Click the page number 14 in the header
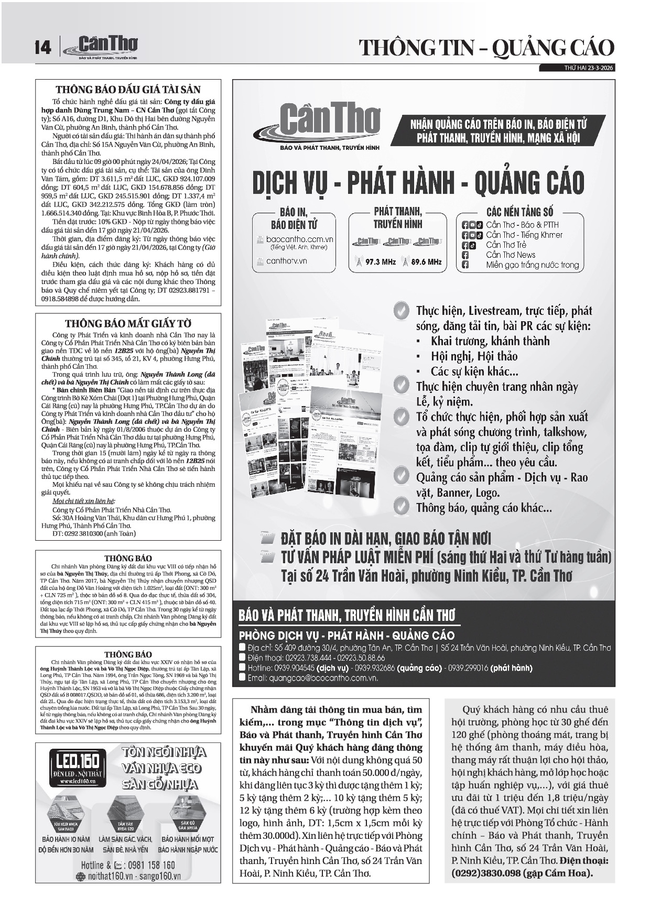point(44,48)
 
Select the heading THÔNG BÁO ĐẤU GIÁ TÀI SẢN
point(128,90)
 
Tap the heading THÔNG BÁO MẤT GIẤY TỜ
point(128,323)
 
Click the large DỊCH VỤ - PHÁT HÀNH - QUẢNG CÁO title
point(418,182)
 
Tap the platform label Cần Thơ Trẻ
point(506,245)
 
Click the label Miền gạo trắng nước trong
point(532,265)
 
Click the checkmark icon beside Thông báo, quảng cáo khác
point(401,506)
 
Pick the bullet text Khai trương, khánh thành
point(490,341)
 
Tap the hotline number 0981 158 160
point(148,865)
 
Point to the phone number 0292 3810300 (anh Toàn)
point(94,533)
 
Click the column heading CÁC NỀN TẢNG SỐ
point(519,212)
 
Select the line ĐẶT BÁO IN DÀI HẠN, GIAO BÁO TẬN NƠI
point(385,538)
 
